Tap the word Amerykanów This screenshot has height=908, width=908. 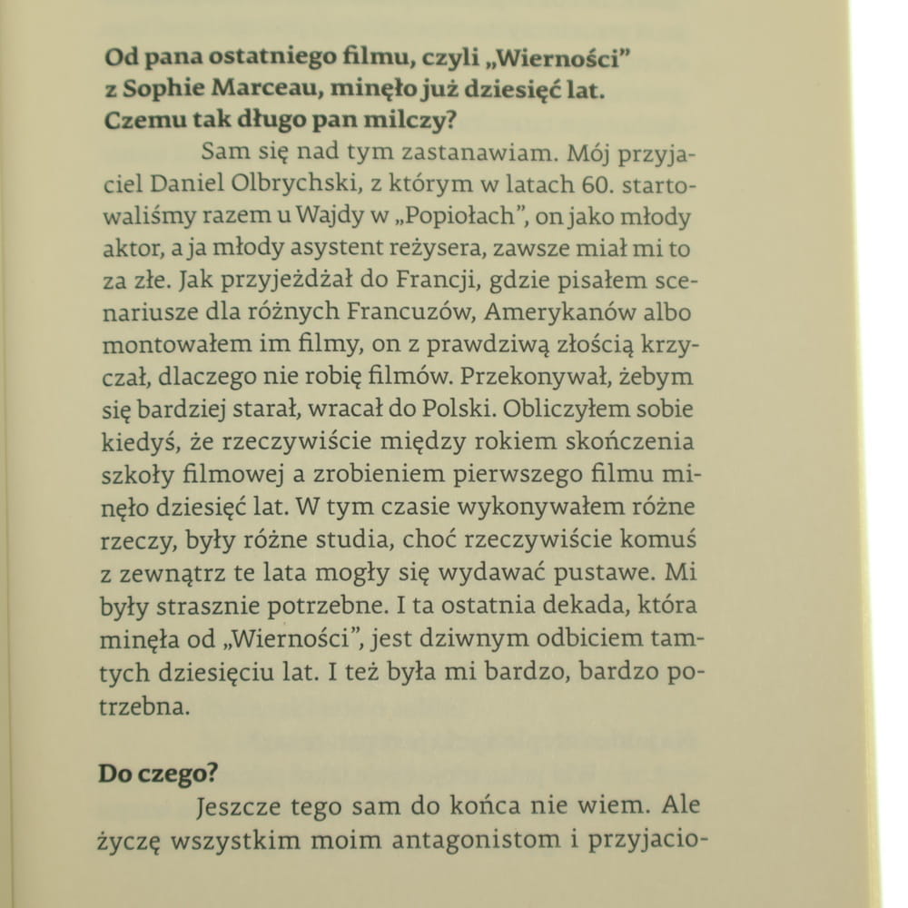(568, 312)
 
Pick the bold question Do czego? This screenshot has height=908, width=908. (158, 775)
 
